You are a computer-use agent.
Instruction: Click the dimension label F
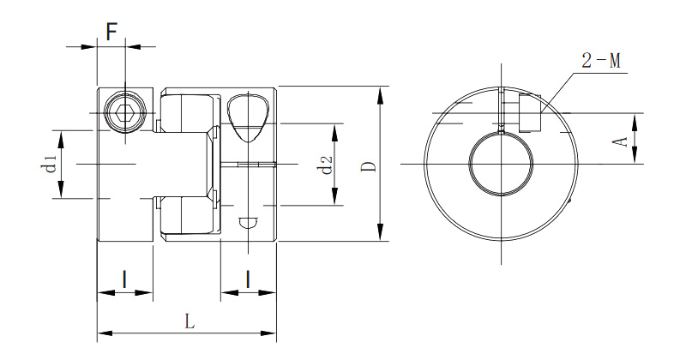pos(112,32)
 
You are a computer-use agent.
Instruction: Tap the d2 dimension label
pos(327,165)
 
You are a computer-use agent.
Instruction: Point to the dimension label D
pos(370,166)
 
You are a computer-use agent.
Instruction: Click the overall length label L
pos(189,322)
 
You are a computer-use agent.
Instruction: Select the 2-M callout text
pos(601,60)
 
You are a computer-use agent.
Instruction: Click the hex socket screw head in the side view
pos(124,114)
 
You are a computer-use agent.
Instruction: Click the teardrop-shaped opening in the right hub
pos(249,117)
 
